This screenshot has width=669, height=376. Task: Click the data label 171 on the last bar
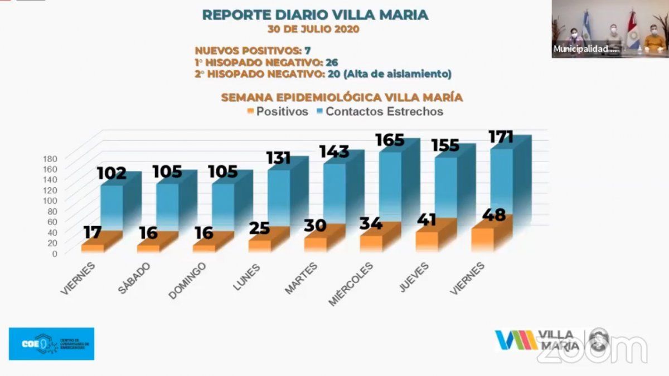pyautogui.click(x=501, y=137)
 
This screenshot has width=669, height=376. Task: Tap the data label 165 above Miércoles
pyautogui.click(x=389, y=139)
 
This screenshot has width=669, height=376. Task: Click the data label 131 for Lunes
pyautogui.click(x=279, y=158)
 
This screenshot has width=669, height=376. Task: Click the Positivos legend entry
pyautogui.click(x=277, y=111)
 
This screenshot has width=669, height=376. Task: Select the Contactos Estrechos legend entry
pyautogui.click(x=380, y=111)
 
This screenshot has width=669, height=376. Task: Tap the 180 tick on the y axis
pyautogui.click(x=50, y=159)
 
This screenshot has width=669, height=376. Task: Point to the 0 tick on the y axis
pyautogui.click(x=54, y=253)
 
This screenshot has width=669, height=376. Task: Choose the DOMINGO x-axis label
pyautogui.click(x=187, y=281)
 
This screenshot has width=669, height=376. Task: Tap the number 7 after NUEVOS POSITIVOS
pyautogui.click(x=307, y=51)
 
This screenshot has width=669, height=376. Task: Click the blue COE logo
pyautogui.click(x=51, y=344)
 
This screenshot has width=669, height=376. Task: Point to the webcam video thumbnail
pyautogui.click(x=609, y=29)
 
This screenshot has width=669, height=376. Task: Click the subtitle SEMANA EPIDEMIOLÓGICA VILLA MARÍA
pyautogui.click(x=342, y=97)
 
